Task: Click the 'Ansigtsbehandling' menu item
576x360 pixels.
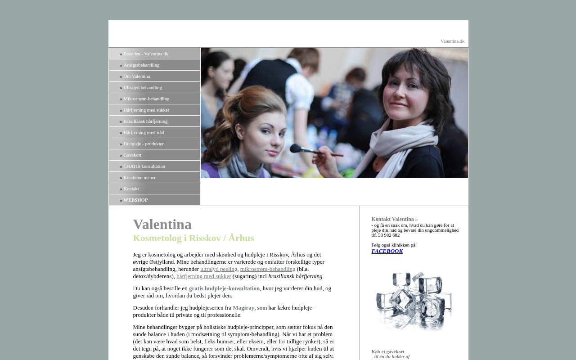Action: coord(141,65)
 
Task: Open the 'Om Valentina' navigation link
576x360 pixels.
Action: coord(137,76)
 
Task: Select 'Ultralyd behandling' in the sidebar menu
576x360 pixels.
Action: coord(143,88)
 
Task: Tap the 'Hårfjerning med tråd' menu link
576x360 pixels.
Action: coord(144,133)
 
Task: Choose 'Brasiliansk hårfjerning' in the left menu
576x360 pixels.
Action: coord(145,121)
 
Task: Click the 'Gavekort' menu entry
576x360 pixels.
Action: coord(132,155)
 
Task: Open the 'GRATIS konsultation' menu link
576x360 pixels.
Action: coord(144,166)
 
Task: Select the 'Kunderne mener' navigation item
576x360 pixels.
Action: coord(139,178)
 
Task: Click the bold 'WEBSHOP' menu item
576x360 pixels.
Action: coord(135,200)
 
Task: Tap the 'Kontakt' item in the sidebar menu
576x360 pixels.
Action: coord(131,189)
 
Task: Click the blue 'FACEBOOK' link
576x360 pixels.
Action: coord(387,251)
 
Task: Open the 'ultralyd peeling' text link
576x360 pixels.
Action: coord(219,269)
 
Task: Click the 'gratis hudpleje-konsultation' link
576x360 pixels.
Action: coord(224,288)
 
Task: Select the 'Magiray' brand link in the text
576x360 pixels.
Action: coord(243,308)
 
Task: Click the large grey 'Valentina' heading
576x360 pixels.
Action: coord(162,224)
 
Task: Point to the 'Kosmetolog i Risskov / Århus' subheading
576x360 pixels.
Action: coord(193,238)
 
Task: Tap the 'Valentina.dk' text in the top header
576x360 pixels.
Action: coord(452,41)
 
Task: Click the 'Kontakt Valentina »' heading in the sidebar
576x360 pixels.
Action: coord(394,219)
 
